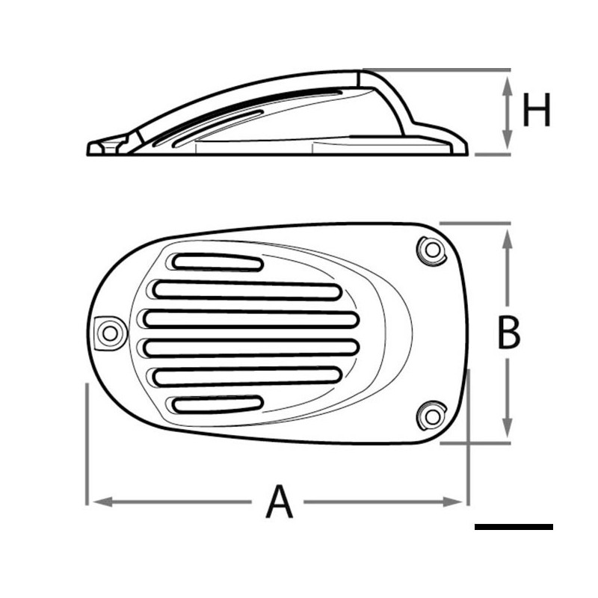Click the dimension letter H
pyautogui.click(x=537, y=109)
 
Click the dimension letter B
pyautogui.click(x=509, y=333)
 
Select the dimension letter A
pyautogui.click(x=279, y=501)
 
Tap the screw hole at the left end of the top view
pyautogui.click(x=110, y=333)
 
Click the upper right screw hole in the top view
pyautogui.click(x=432, y=250)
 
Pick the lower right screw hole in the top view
pyautogui.click(x=432, y=416)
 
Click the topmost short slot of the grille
pyautogui.click(x=218, y=262)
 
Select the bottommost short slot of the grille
pyautogui.click(x=218, y=404)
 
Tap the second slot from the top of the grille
pyautogui.click(x=247, y=291)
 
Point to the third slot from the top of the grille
pyautogui.click(x=251, y=319)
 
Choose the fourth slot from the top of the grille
pyautogui.click(x=251, y=347)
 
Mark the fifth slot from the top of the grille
pyautogui.click(x=247, y=376)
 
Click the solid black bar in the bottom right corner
pyautogui.click(x=514, y=527)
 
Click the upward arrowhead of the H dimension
pyautogui.click(x=507, y=85)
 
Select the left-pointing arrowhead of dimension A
pyautogui.click(x=103, y=502)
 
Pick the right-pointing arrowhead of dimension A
pyautogui.click(x=453, y=502)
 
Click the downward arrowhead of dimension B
pyautogui.click(x=507, y=428)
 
